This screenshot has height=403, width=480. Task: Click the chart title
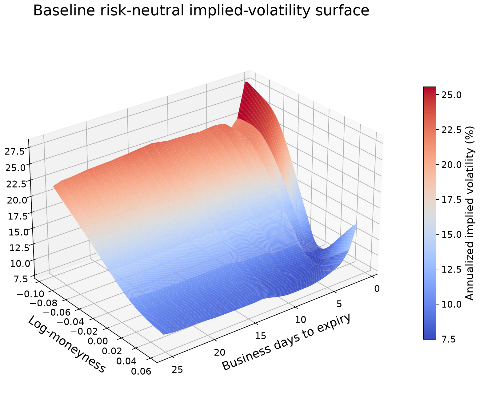pyautogui.click(x=201, y=10)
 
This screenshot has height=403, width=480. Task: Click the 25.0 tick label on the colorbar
pyautogui.click(x=451, y=95)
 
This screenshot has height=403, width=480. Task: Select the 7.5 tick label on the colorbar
pyautogui.click(x=449, y=339)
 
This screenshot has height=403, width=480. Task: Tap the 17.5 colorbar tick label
pyautogui.click(x=451, y=200)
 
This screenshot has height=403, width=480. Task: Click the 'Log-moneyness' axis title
pyautogui.click(x=67, y=344)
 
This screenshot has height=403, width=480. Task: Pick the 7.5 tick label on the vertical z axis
pyautogui.click(x=21, y=279)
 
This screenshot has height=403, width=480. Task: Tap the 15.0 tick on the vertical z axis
pyautogui.click(x=19, y=232)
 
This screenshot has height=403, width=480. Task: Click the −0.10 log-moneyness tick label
pyautogui.click(x=30, y=294)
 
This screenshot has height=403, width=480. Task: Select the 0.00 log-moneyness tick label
pyautogui.click(x=98, y=341)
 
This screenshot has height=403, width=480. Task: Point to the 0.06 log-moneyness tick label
pyautogui.click(x=141, y=371)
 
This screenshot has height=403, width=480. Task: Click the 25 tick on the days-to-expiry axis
pyautogui.click(x=178, y=370)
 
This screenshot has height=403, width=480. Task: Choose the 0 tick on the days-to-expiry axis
pyautogui.click(x=377, y=288)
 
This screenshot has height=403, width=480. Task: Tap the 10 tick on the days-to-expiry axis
pyautogui.click(x=300, y=320)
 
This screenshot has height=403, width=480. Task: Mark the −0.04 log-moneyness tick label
pyautogui.click(x=70, y=321)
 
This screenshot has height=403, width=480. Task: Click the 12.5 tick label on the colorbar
pyautogui.click(x=451, y=269)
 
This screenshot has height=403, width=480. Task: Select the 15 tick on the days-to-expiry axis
pyautogui.click(x=260, y=336)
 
